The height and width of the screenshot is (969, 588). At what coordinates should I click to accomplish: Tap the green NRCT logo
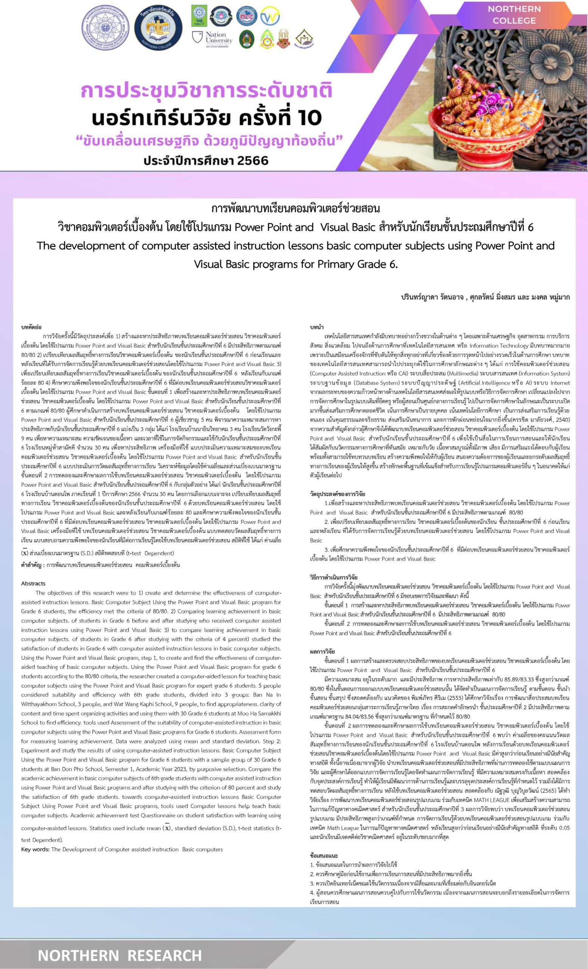199,16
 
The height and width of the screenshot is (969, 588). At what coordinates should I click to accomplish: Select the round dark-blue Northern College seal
158,28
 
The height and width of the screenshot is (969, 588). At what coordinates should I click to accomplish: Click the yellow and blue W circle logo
270,16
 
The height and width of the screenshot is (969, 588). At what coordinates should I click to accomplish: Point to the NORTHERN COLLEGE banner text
514,14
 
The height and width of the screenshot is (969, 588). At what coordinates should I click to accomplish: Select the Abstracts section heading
33,583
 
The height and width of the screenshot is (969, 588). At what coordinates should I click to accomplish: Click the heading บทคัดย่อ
31,327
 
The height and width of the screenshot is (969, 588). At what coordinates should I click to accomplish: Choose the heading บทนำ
316,327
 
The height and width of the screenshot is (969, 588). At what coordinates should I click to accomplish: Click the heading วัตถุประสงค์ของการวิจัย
337,494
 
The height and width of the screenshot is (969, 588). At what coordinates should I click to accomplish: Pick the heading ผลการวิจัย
323,652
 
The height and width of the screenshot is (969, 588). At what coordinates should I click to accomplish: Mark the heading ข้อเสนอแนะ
324,855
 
